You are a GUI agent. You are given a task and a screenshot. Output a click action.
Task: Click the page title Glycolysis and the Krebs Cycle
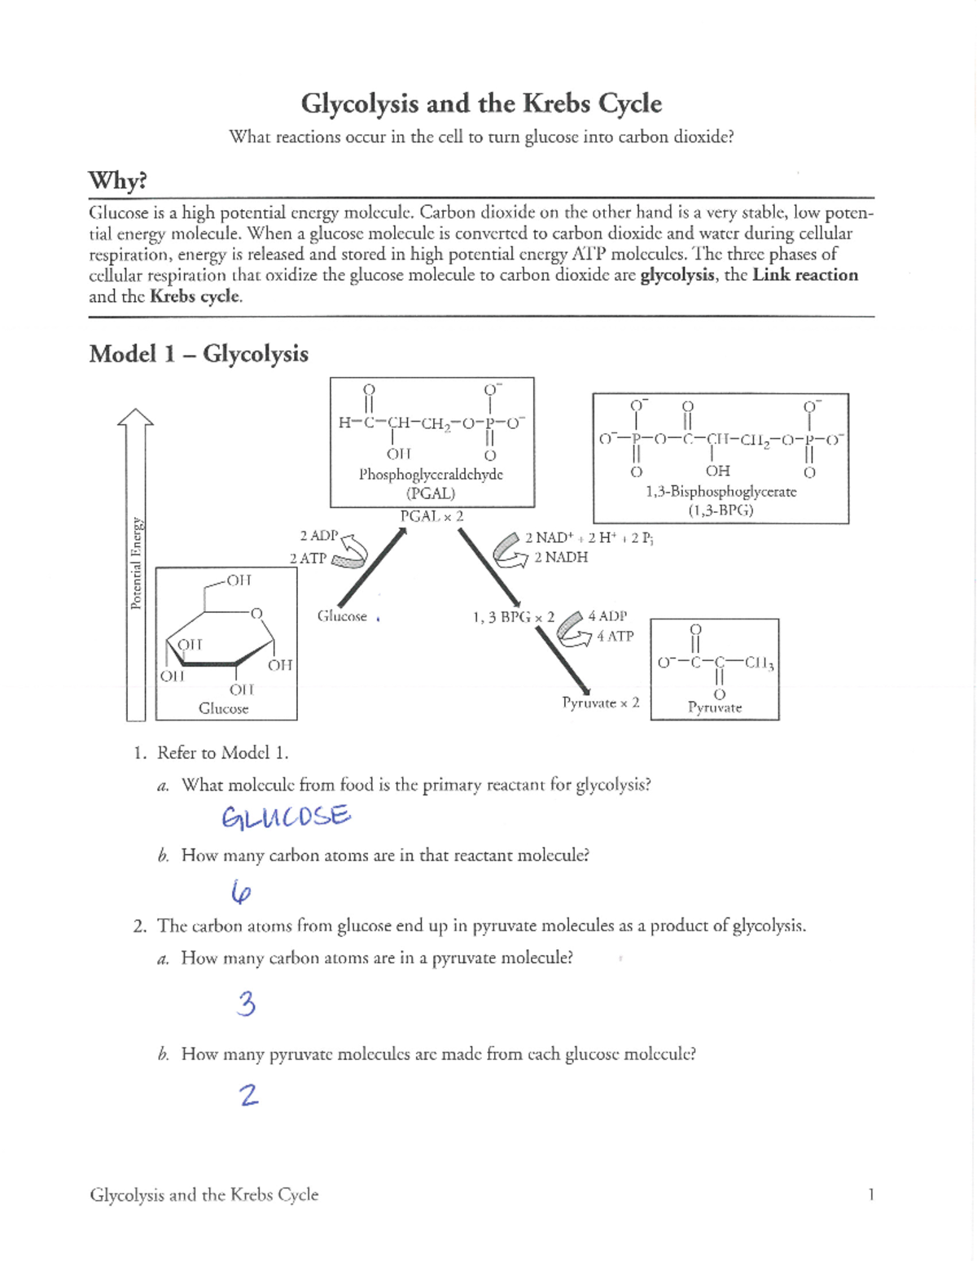click(x=481, y=103)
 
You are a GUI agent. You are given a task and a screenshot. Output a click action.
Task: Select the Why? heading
click(x=117, y=180)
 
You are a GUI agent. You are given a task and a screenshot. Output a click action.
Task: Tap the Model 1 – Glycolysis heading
click(x=199, y=354)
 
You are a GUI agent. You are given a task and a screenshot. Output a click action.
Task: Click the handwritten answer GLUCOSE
click(x=286, y=816)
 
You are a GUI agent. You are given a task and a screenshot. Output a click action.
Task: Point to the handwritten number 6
click(x=240, y=894)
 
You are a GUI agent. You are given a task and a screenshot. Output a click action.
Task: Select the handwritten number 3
click(x=246, y=1004)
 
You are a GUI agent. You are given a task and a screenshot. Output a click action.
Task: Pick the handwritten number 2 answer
click(x=249, y=1095)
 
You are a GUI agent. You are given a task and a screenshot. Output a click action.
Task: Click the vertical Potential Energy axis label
click(x=137, y=563)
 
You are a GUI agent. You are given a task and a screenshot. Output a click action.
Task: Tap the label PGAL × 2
click(x=432, y=516)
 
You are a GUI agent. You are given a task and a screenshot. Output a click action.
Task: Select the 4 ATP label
click(x=615, y=637)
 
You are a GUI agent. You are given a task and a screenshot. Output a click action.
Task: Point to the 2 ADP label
click(x=318, y=536)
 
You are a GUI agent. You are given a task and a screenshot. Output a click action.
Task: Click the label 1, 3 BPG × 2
click(x=513, y=617)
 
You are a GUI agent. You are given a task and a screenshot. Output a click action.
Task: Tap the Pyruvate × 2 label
click(x=601, y=703)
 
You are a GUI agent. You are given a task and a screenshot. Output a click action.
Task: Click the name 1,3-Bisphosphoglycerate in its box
click(x=721, y=492)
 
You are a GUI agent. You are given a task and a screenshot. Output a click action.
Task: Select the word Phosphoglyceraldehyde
click(x=431, y=475)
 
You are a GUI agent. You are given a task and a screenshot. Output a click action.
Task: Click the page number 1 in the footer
click(x=870, y=1194)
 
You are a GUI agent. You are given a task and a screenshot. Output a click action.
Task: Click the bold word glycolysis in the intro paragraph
click(x=677, y=275)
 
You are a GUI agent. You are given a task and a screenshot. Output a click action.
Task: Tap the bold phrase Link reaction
click(x=804, y=275)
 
